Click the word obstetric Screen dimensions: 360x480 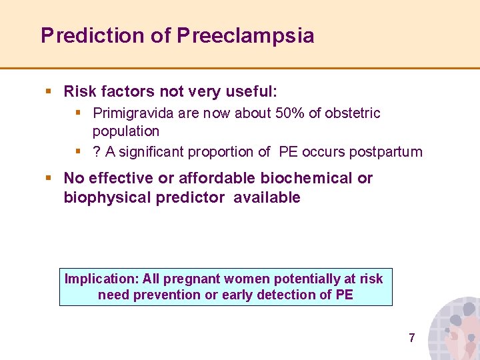click(x=353, y=113)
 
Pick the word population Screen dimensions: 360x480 click(x=126, y=131)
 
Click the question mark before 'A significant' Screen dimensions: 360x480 click(x=97, y=152)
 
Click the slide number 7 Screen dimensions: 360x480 click(x=411, y=338)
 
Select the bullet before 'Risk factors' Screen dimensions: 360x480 click(x=49, y=91)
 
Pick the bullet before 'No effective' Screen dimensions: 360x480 click(x=49, y=178)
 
